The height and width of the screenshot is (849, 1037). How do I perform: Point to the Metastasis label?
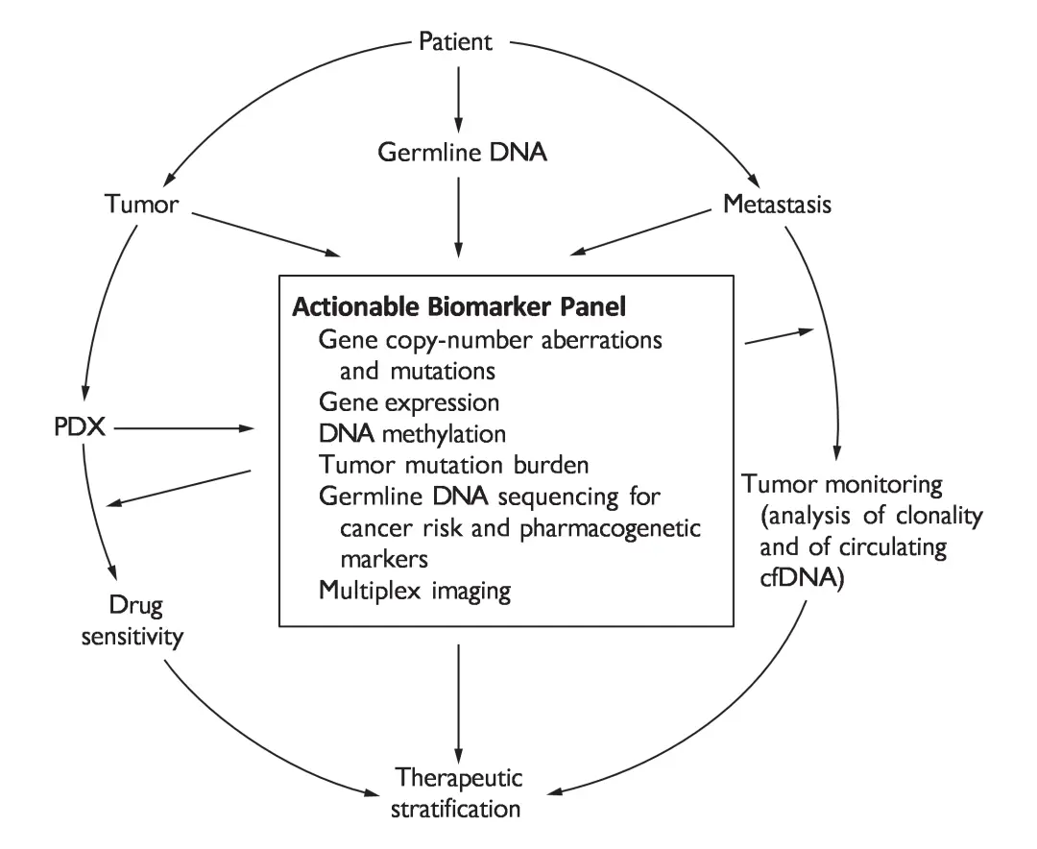(776, 205)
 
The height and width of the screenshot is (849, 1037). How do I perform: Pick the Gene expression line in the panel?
(408, 400)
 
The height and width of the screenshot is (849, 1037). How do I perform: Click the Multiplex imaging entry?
(414, 590)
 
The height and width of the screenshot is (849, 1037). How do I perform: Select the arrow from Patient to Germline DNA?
(459, 95)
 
